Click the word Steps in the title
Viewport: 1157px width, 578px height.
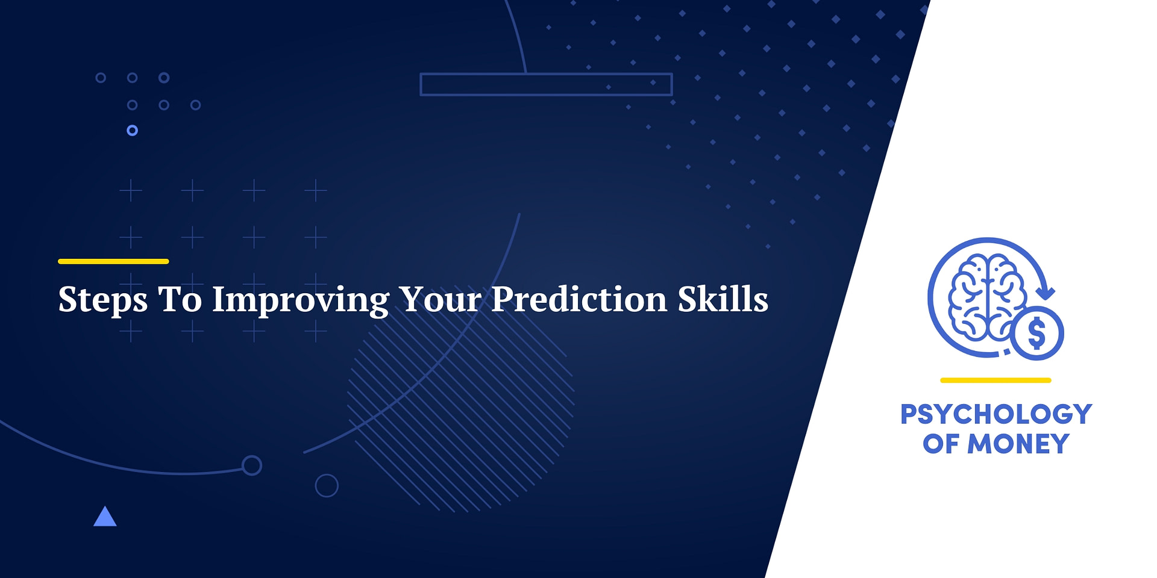click(x=102, y=299)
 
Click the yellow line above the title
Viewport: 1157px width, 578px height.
click(x=113, y=261)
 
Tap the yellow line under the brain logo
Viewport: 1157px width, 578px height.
click(x=996, y=380)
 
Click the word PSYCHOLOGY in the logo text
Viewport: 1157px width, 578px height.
click(x=996, y=414)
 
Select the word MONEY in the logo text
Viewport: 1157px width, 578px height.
click(x=1018, y=444)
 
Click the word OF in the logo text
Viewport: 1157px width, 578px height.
click(x=941, y=444)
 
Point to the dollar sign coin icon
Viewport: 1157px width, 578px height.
click(x=1036, y=333)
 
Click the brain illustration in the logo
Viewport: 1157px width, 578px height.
click(x=986, y=295)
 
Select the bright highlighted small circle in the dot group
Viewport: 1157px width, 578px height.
click(x=133, y=130)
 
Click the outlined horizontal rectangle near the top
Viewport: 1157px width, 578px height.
click(x=546, y=84)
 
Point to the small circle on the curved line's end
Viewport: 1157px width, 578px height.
click(x=251, y=465)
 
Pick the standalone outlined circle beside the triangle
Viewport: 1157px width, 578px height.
click(x=327, y=485)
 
